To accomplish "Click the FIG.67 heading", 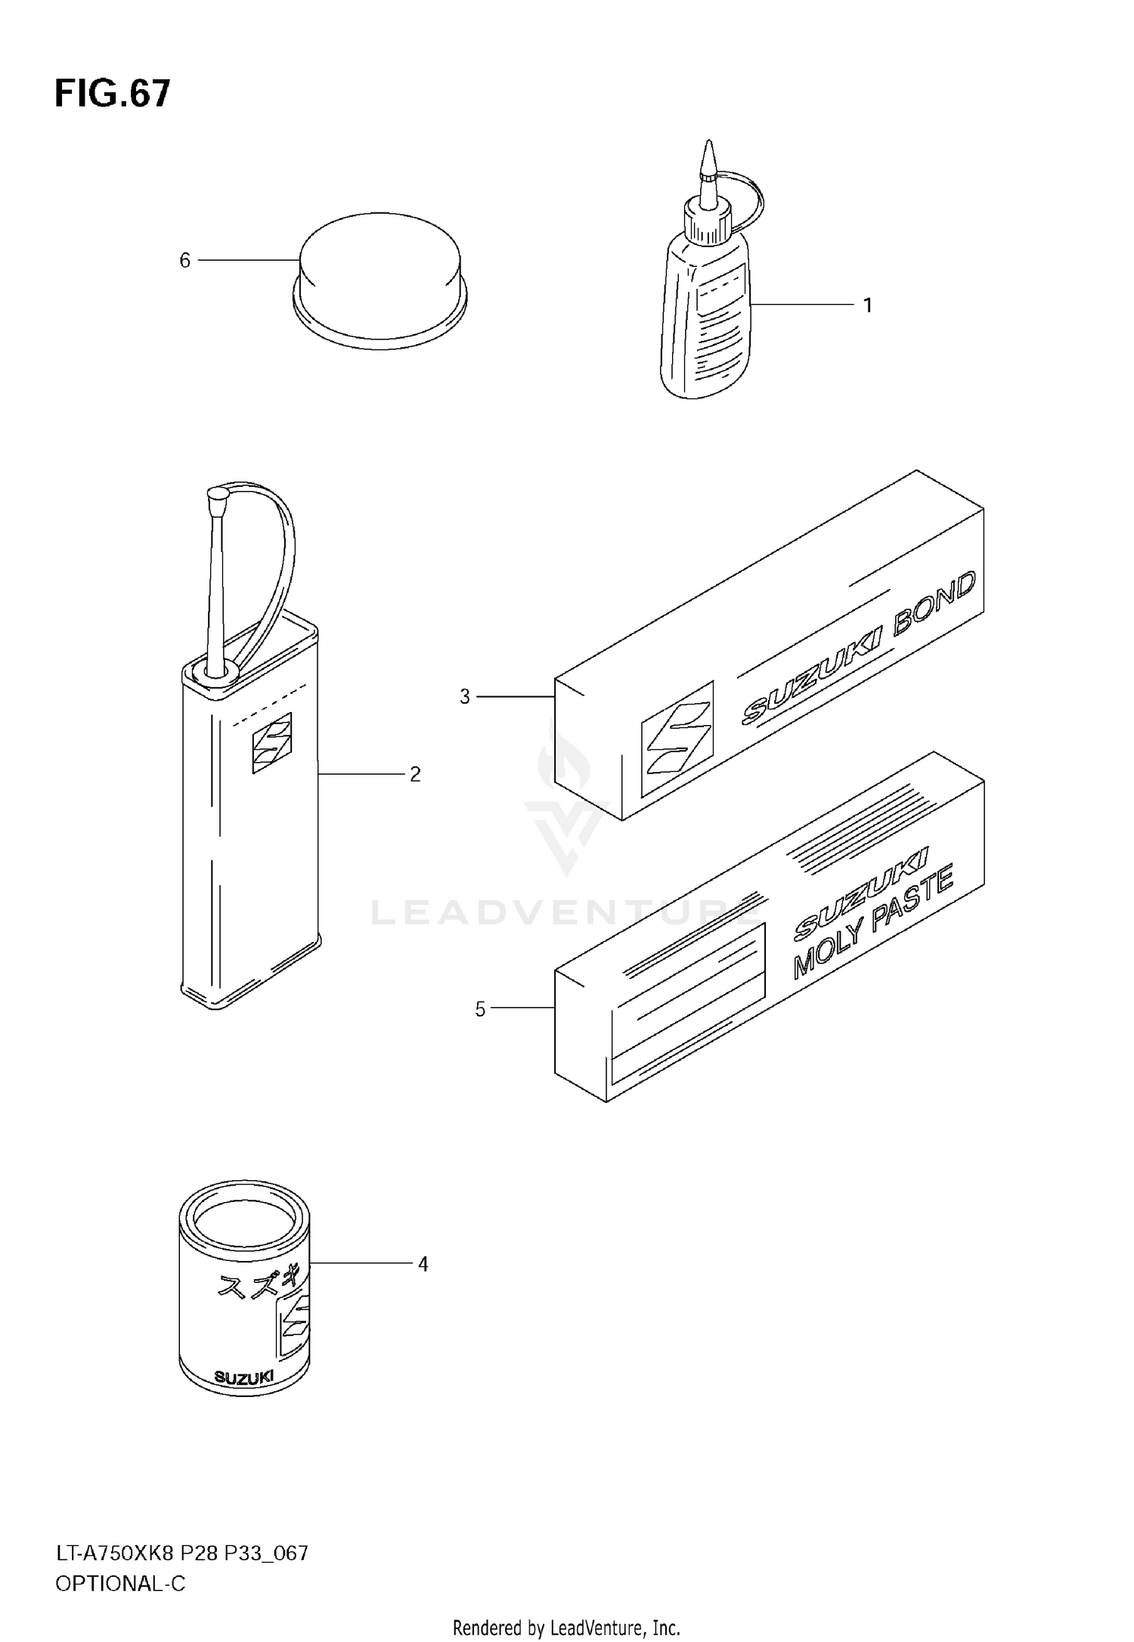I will (113, 95).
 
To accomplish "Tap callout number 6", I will (184, 261).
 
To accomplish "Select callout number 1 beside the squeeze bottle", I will (868, 305).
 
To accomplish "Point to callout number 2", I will (415, 774).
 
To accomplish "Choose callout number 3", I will (465, 696).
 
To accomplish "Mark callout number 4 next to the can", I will (423, 1264).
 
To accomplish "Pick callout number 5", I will (480, 1009).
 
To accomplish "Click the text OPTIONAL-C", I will (120, 1583).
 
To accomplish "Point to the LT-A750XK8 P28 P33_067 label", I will (181, 1554).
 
